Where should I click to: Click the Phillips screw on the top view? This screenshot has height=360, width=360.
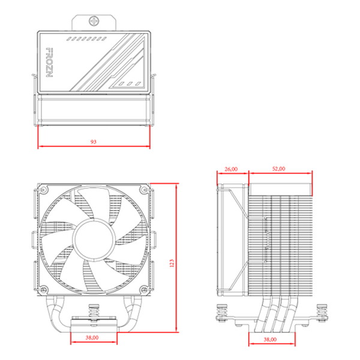click(95, 22)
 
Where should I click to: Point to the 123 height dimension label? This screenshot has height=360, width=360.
click(172, 262)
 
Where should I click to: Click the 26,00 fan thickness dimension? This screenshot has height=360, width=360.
click(231, 169)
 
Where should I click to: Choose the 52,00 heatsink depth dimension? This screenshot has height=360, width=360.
click(278, 169)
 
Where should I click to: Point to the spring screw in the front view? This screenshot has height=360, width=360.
click(93, 311)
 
